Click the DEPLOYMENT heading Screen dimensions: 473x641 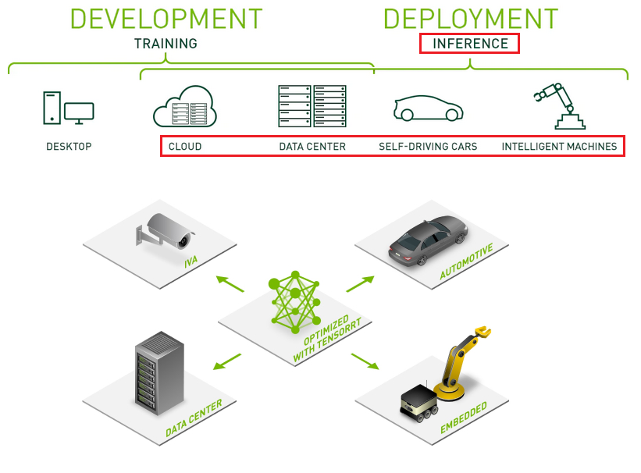(470, 19)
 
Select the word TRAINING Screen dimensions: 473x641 (166, 44)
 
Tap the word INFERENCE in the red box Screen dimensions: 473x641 (470, 44)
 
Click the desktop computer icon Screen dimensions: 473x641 (68, 108)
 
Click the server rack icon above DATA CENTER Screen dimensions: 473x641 (312, 106)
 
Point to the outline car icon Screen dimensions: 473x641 (427, 109)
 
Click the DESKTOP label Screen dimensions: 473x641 (69, 146)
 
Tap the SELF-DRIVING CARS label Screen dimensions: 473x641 (428, 146)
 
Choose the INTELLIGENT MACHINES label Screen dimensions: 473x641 (559, 146)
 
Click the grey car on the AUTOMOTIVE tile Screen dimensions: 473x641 (429, 236)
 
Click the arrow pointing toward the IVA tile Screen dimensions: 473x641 (228, 282)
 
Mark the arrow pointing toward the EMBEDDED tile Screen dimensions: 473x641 (365, 361)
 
